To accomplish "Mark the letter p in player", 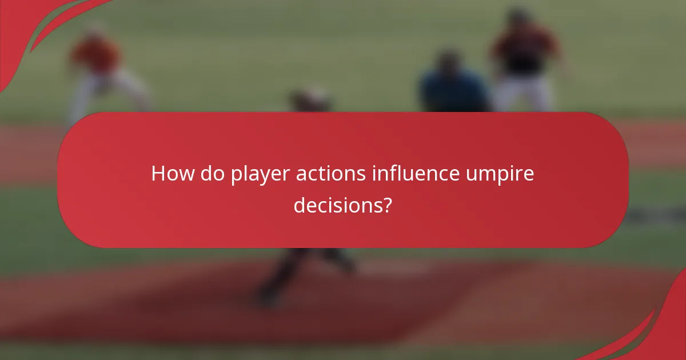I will tap(236, 176).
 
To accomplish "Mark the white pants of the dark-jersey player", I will tap(523, 94).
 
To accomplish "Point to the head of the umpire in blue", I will tap(448, 61).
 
